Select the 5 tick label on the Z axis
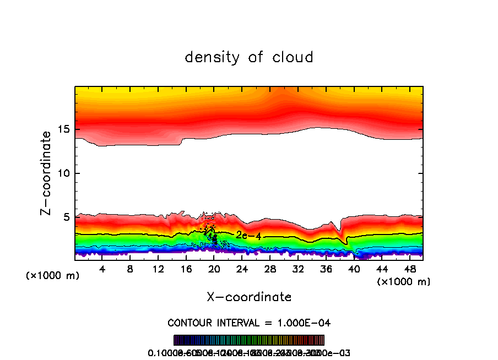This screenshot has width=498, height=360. tap(68, 217)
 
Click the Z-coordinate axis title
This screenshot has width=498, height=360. tap(46, 173)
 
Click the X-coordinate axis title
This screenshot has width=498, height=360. tap(249, 297)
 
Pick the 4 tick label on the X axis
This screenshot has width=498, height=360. tap(102, 269)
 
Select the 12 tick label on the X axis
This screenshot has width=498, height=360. tap(158, 269)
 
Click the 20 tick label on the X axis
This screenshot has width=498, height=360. tap(214, 269)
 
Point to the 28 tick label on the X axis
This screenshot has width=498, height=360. tap(270, 269)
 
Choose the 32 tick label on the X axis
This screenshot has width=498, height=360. tap(298, 269)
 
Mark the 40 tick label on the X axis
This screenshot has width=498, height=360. tap(354, 269)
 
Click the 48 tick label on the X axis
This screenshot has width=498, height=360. tap(409, 269)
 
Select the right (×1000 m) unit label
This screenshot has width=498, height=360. tap(404, 282)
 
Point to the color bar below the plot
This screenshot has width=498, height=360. tap(249, 340)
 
